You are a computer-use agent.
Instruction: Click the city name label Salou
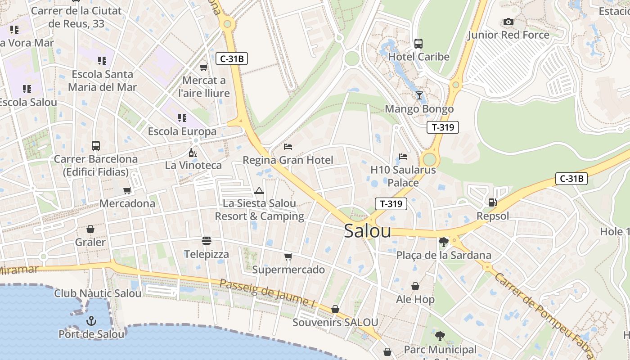367,231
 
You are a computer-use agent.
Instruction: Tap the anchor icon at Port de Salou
91,321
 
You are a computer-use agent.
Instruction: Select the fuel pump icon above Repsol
493,202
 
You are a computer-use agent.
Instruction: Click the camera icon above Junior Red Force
508,22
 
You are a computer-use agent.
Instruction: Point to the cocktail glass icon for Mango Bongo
419,95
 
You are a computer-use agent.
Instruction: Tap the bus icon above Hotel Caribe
418,43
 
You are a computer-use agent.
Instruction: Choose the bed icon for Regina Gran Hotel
288,147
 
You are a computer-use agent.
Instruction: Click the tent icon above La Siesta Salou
259,190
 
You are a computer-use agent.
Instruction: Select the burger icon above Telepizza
207,241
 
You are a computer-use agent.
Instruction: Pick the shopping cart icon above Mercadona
127,190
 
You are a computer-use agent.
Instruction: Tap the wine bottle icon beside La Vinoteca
193,153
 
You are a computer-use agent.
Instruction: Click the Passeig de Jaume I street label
267,294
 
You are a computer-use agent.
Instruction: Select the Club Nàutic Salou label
98,293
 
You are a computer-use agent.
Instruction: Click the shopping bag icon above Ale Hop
415,286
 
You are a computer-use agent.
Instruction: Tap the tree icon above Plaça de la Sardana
443,242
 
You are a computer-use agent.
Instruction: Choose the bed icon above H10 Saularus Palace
403,157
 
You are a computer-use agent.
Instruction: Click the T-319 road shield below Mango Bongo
443,127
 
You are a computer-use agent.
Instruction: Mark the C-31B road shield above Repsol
571,179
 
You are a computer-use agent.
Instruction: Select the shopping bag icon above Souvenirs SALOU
335,309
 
